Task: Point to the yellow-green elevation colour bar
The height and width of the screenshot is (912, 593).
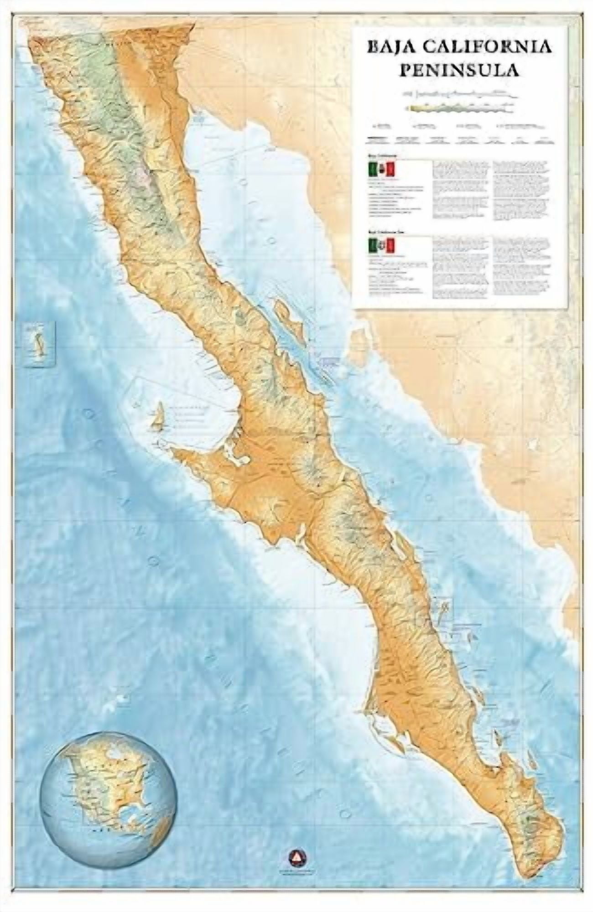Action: point(461,109)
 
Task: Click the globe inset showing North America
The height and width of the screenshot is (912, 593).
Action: point(107,791)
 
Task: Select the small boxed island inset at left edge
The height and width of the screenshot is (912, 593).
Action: point(39,343)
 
